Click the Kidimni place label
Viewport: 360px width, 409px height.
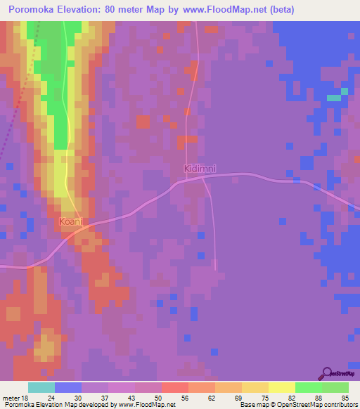click(200, 169)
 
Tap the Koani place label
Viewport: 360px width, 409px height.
click(70, 221)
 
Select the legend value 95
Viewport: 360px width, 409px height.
click(345, 397)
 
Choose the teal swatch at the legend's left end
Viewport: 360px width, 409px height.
click(41, 387)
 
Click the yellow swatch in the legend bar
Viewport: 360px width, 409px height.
click(281, 387)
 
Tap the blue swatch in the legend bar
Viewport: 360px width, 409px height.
click(68, 387)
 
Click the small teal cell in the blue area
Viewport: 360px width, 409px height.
click(333, 97)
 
